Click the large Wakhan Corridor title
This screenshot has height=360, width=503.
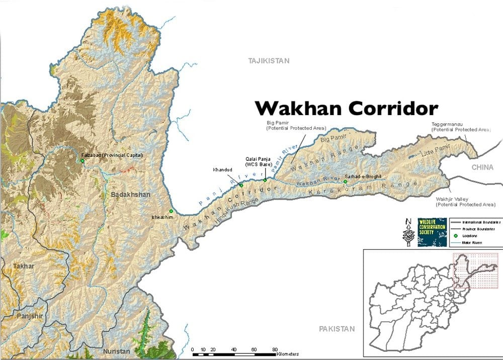(x=347, y=108)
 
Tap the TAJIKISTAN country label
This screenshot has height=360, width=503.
(x=269, y=61)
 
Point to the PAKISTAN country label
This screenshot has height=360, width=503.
(x=337, y=329)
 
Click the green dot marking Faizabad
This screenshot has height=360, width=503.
(x=82, y=161)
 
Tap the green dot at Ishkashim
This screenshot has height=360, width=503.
(x=172, y=211)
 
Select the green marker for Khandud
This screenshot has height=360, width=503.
(x=241, y=186)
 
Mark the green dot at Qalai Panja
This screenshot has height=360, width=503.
(x=265, y=180)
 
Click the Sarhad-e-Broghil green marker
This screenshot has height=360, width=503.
(x=345, y=182)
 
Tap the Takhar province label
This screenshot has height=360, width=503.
(x=24, y=266)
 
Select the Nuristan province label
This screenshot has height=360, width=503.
(x=116, y=351)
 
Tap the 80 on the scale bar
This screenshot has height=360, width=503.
(x=275, y=349)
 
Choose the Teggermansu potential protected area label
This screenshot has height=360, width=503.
(x=460, y=127)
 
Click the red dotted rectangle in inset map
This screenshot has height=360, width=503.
(x=475, y=272)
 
